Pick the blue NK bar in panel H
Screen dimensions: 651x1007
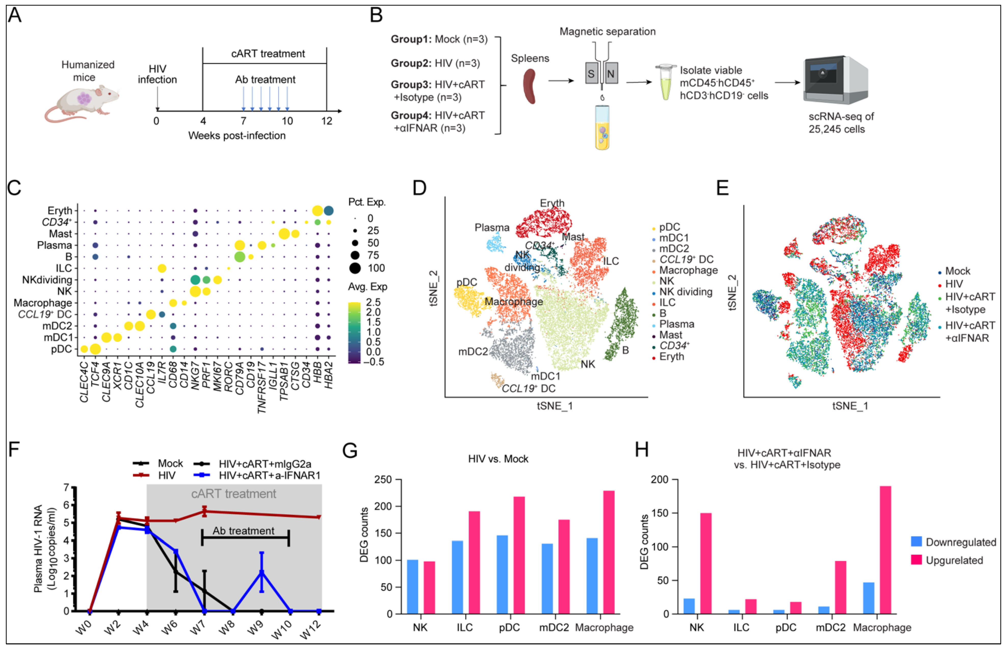[689, 606]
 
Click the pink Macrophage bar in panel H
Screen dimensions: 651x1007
[885, 550]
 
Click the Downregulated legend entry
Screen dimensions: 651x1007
[953, 542]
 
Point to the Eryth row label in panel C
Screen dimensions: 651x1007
[60, 210]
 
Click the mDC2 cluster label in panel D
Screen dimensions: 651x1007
[473, 351]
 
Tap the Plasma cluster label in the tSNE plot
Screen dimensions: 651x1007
[492, 228]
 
